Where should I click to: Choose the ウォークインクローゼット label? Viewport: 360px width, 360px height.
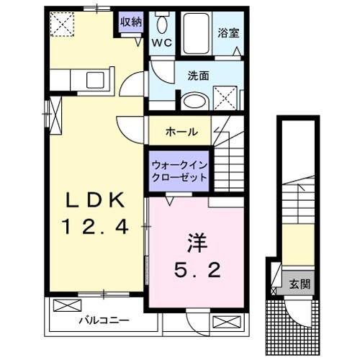point(179,171)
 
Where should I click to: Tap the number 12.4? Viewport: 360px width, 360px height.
point(96,228)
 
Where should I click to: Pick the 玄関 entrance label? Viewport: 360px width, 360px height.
point(300,283)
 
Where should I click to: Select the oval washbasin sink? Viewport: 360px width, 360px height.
point(192,100)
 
